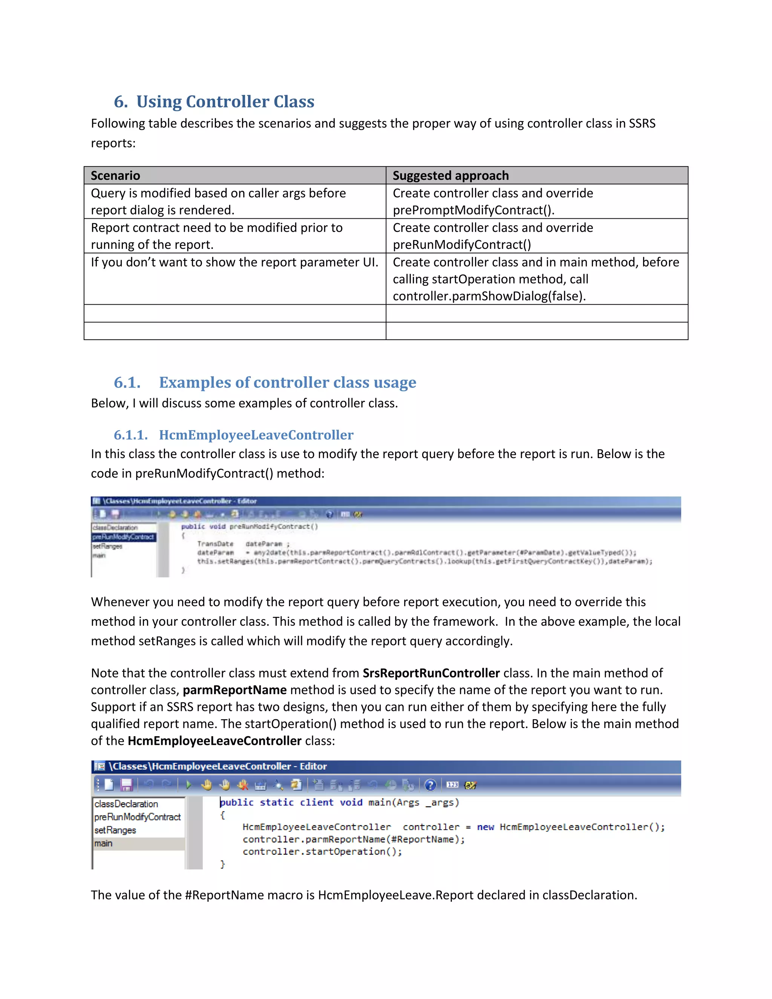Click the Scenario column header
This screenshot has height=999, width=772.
(115, 176)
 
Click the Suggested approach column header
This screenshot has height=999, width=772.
(450, 176)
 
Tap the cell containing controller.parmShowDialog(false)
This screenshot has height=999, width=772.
(536, 279)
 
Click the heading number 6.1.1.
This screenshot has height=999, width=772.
(130, 435)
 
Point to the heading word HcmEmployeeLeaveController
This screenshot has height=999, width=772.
(256, 435)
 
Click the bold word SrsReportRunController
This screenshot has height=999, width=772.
(431, 673)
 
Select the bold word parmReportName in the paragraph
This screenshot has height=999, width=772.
(234, 690)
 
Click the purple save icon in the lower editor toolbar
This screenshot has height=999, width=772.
(126, 785)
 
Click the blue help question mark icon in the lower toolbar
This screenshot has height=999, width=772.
(430, 785)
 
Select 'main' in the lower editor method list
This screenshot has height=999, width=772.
(104, 843)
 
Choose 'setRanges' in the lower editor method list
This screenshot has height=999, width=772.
(115, 830)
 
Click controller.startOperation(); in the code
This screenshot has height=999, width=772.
(322, 851)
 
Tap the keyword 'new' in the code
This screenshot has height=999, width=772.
(485, 827)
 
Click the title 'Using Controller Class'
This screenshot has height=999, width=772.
(225, 101)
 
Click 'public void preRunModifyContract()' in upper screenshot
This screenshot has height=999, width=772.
(249, 527)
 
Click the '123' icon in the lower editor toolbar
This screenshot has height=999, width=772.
(452, 785)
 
